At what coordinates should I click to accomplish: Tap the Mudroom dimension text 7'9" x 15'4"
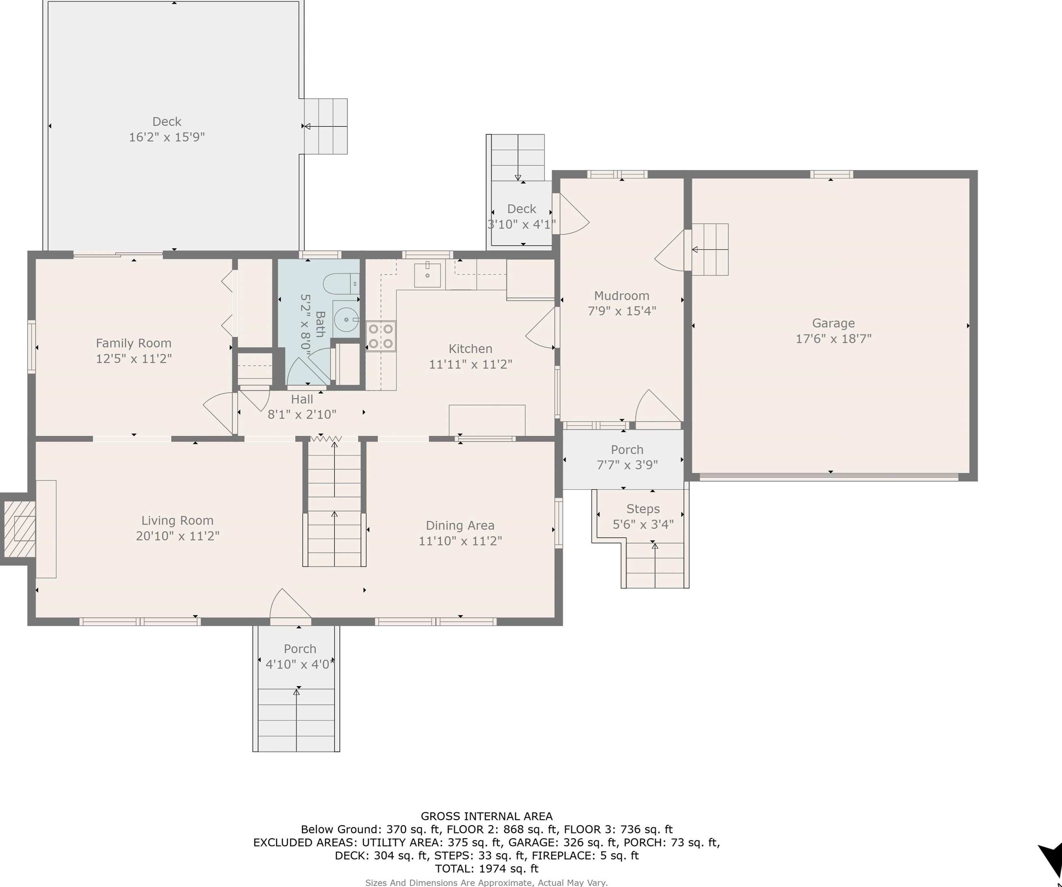click(621, 311)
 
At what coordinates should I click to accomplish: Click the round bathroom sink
click(346, 320)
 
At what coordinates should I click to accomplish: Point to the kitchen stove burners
click(381, 336)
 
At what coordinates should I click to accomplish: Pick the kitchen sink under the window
click(427, 274)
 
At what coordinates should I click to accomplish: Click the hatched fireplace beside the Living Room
click(18, 529)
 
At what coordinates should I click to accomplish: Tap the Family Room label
click(133, 343)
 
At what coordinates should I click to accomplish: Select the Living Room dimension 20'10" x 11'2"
click(178, 536)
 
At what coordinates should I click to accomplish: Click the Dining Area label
click(460, 526)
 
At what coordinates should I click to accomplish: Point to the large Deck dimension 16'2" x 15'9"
click(167, 137)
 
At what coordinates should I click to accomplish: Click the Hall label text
click(302, 399)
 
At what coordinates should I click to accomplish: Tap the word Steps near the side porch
click(643, 509)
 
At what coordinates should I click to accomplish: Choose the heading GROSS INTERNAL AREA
click(486, 816)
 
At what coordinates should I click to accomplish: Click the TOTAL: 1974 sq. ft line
click(486, 869)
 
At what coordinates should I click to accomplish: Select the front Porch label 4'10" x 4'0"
click(300, 664)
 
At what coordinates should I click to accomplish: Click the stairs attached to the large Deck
click(326, 127)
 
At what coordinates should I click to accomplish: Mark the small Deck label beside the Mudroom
click(521, 209)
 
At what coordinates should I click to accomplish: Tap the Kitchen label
click(470, 349)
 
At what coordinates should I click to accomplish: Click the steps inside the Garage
click(710, 250)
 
